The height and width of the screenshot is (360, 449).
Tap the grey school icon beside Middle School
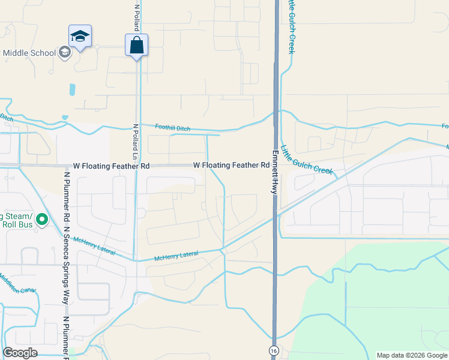pos(65,52)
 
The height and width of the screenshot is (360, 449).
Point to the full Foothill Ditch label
pos(172,127)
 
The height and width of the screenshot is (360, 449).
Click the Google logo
pos(20,353)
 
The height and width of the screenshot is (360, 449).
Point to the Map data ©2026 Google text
pos(411,355)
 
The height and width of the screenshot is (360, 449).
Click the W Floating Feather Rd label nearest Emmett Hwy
pos(231,165)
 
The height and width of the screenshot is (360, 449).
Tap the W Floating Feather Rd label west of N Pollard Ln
pos(111,165)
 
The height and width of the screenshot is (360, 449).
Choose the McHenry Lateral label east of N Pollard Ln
pos(176,256)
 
